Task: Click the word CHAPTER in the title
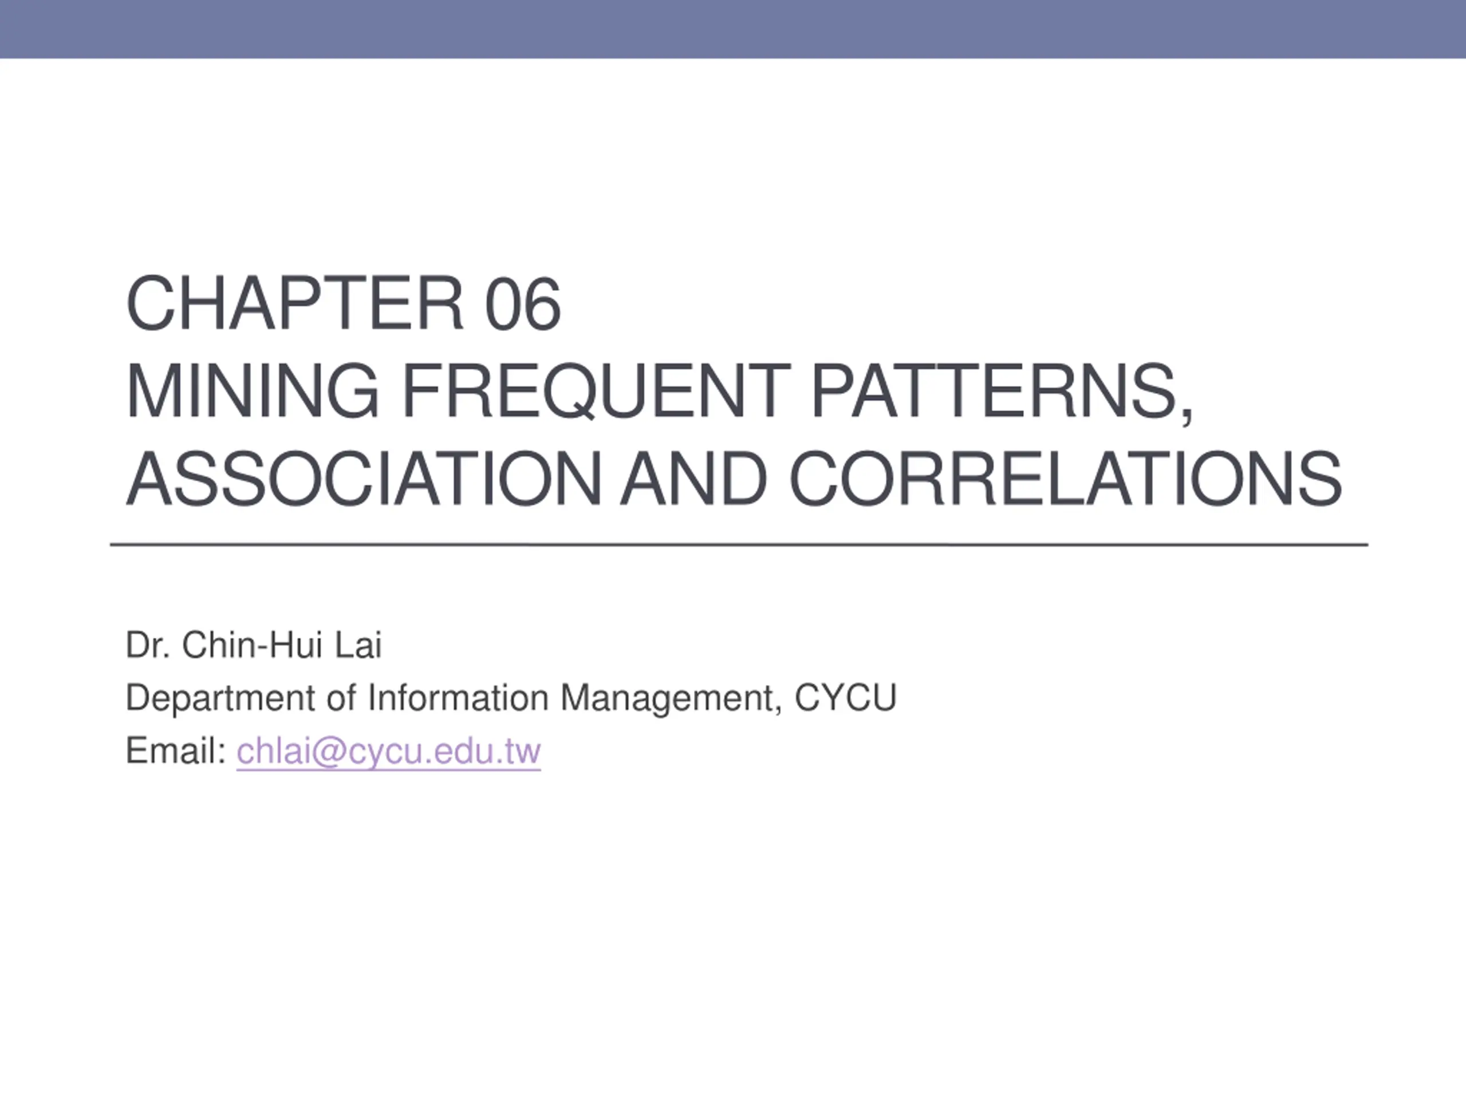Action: (x=295, y=303)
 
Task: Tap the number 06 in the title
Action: (x=523, y=303)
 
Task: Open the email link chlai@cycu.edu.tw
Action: (x=389, y=751)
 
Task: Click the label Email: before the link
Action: (x=176, y=750)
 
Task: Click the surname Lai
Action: (x=358, y=645)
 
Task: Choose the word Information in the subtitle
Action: (x=458, y=698)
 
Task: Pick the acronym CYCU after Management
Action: (x=845, y=698)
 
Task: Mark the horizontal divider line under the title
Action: (x=739, y=544)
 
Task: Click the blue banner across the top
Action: (x=733, y=29)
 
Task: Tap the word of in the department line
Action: (x=341, y=698)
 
